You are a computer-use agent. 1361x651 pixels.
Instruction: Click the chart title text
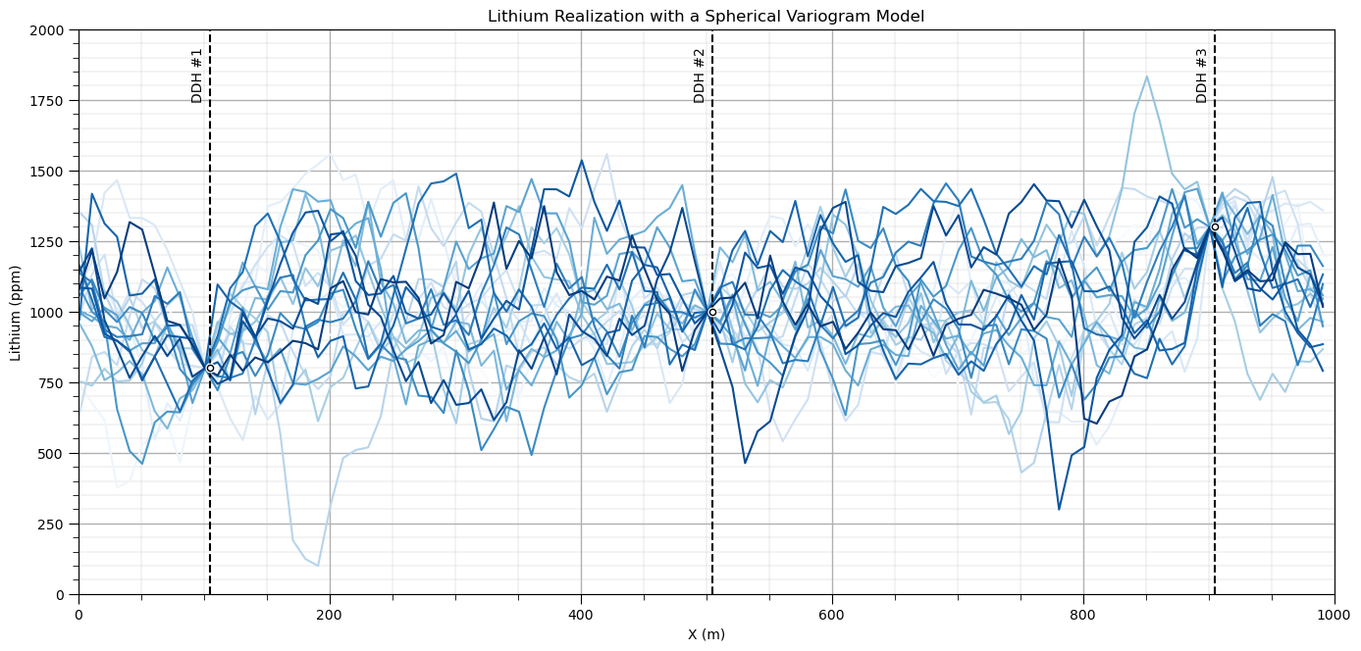[x=706, y=17]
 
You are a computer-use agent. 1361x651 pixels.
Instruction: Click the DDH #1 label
[x=196, y=76]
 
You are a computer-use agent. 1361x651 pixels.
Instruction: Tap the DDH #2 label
[x=699, y=76]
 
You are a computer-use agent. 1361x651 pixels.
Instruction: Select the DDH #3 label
[x=1201, y=76]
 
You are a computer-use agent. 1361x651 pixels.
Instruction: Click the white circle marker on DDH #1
[x=210, y=368]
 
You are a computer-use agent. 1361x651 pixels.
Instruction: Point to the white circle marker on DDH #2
[x=712, y=312]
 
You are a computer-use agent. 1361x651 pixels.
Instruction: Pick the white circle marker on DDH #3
[x=1215, y=227]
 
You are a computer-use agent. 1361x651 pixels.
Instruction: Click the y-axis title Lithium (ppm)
[x=15, y=313]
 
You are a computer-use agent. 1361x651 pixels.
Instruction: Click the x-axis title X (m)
[x=707, y=634]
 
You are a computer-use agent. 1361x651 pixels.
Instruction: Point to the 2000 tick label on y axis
[x=47, y=30]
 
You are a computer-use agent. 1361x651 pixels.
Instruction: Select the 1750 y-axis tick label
[x=47, y=101]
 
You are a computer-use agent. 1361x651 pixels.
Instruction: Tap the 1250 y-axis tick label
[x=47, y=242]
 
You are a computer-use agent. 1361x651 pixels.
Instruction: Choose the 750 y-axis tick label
[x=51, y=383]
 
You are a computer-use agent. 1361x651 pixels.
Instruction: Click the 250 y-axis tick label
[x=51, y=525]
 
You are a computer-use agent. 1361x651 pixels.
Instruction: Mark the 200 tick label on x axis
[x=330, y=615]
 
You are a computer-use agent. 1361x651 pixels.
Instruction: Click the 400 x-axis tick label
[x=581, y=615]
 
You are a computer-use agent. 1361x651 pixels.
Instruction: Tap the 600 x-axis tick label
[x=832, y=615]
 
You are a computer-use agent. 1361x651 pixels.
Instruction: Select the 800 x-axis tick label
[x=1083, y=615]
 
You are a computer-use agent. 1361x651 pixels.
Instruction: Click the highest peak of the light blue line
[x=1146, y=76]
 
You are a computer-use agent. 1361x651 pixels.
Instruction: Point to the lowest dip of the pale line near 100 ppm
[x=318, y=566]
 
